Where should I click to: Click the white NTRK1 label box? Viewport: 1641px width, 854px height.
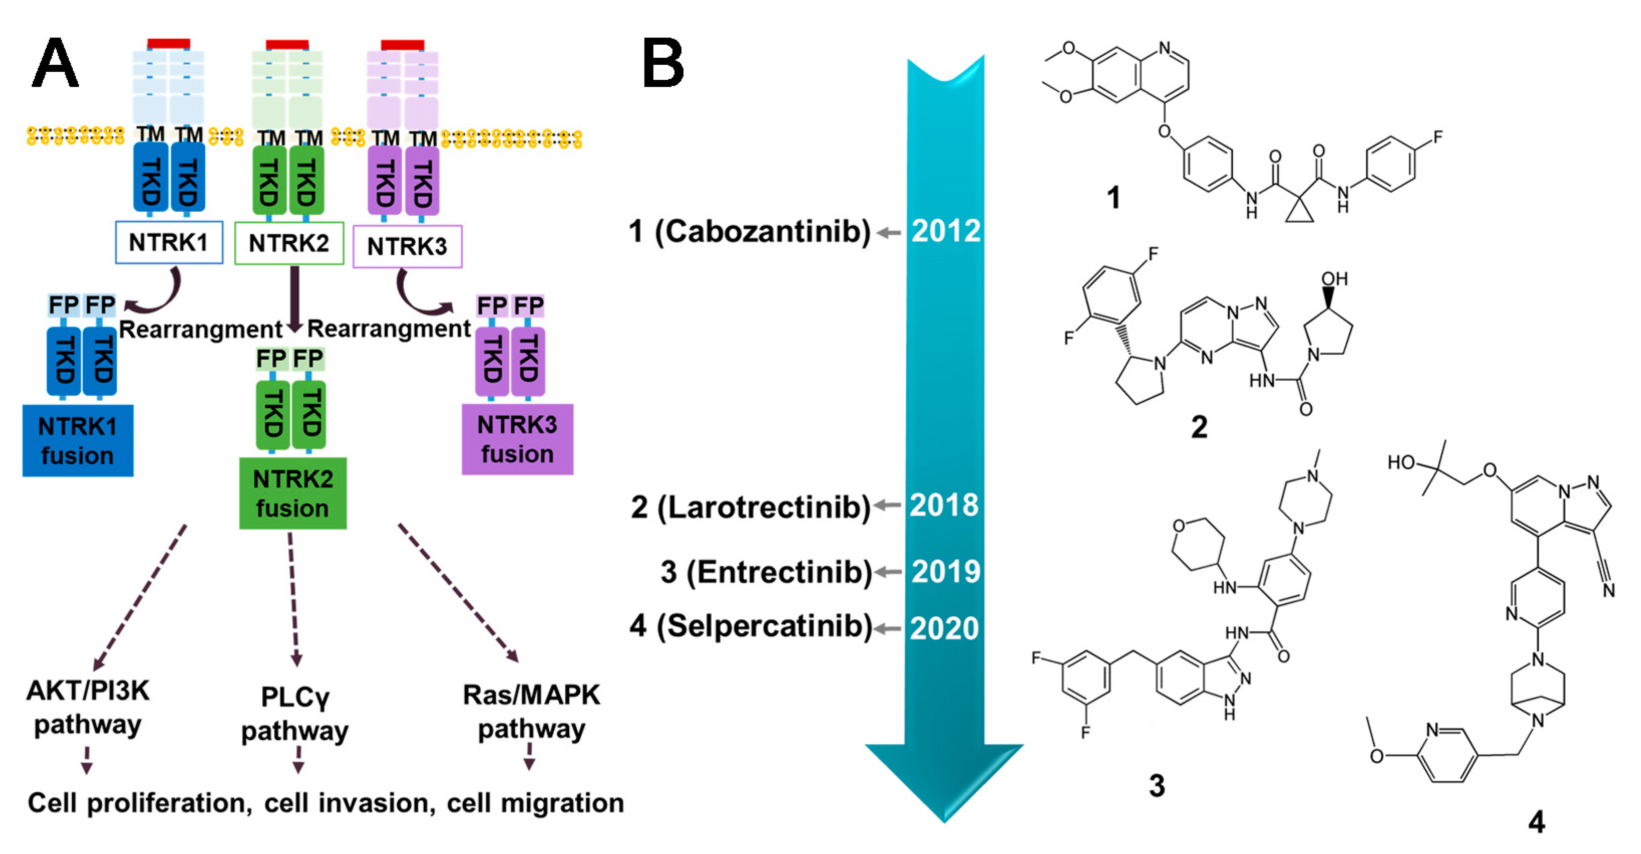[x=169, y=242]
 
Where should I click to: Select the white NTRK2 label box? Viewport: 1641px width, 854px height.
[x=289, y=243]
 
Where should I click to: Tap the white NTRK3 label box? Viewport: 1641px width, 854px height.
[x=407, y=246]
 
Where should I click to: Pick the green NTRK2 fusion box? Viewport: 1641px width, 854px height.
[x=293, y=493]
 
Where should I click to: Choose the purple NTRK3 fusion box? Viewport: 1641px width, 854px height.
[x=517, y=439]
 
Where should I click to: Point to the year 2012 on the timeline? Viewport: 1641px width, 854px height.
[x=946, y=231]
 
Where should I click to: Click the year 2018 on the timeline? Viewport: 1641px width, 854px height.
[x=944, y=505]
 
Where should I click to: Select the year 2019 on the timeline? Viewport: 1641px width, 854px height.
[x=946, y=572]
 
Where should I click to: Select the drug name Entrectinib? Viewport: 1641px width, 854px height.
[x=778, y=572]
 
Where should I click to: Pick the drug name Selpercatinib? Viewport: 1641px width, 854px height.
[x=764, y=627]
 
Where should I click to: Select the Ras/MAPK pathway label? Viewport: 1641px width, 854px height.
[x=531, y=711]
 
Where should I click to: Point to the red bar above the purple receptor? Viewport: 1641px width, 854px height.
[x=403, y=44]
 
